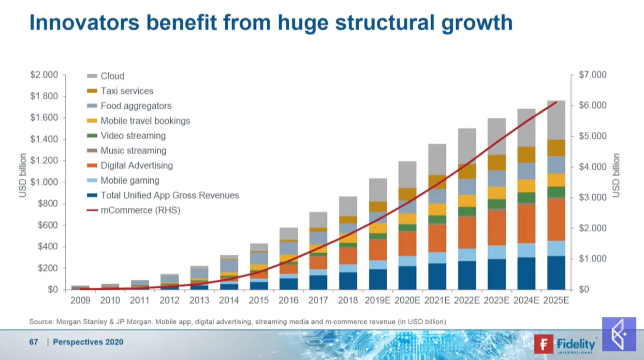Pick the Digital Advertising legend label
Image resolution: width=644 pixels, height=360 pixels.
coord(136,165)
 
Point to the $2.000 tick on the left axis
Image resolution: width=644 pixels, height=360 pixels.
coord(44,75)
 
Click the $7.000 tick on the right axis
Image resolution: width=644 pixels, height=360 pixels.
coord(593,75)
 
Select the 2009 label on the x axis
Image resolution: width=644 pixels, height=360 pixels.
coord(80,300)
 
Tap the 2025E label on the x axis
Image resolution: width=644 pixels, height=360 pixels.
coord(556,300)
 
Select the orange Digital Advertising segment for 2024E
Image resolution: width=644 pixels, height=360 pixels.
coord(526,223)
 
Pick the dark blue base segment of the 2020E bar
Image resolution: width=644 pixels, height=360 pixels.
coord(407,277)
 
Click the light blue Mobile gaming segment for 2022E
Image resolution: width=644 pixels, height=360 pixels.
coord(467,255)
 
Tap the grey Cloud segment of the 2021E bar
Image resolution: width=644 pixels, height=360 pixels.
coord(437,159)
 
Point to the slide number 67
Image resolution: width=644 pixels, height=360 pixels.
coord(33,342)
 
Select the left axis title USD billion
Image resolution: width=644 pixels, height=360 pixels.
coord(23,175)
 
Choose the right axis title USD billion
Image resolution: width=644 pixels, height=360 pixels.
coord(615,175)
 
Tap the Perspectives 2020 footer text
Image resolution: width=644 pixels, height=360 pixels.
coord(88,342)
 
